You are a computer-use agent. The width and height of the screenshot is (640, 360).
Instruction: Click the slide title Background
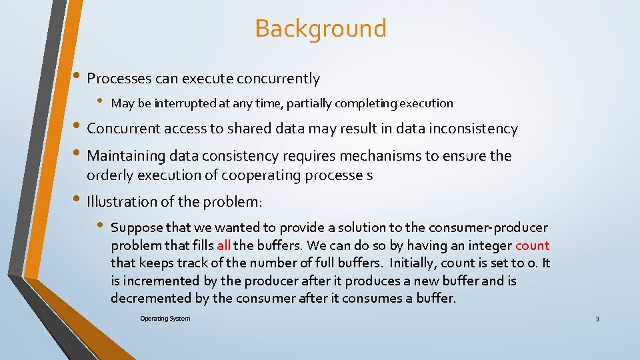[320, 29]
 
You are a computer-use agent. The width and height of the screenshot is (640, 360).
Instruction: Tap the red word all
[223, 245]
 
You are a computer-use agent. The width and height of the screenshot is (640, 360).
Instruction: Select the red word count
[532, 245]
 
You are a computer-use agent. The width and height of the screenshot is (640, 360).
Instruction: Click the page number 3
[597, 319]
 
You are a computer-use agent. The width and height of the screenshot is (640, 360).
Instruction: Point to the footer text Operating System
[165, 318]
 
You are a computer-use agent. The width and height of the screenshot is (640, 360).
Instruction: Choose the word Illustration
[122, 201]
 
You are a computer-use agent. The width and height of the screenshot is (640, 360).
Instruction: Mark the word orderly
[109, 175]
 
